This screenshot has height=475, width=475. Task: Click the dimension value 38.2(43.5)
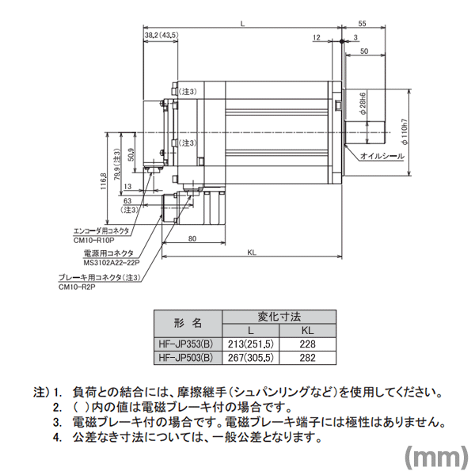[161, 36]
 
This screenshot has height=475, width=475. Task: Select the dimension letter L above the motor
[242, 27]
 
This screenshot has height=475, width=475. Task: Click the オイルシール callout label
[382, 157]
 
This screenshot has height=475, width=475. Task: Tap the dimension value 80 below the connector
[192, 239]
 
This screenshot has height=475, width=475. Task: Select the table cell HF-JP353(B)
[185, 344]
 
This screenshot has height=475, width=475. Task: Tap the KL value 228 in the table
[307, 344]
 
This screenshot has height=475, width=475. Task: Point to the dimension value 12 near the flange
[316, 37]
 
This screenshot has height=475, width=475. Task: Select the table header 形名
[186, 323]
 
